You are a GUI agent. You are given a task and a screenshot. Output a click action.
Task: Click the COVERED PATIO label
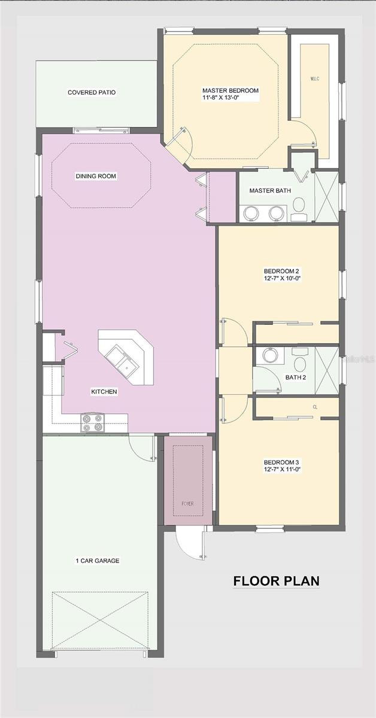[92, 93]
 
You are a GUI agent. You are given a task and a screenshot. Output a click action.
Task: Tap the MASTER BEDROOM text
[231, 91]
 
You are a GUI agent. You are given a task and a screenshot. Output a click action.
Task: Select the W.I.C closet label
[316, 79]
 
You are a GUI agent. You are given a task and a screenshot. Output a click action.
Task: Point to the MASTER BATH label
[265, 191]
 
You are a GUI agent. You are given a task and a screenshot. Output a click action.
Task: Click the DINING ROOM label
[96, 176]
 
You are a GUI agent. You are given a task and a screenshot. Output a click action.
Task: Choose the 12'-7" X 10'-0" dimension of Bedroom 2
[280, 278]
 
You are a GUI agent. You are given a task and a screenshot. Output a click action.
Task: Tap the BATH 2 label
[294, 378]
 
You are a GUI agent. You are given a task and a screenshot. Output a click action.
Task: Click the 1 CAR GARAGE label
[97, 561]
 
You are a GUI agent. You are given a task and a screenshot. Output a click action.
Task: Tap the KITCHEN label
[104, 392]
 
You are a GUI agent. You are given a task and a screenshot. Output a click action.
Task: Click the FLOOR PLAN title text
[276, 580]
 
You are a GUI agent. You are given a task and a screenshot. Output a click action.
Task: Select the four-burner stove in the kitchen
[93, 423]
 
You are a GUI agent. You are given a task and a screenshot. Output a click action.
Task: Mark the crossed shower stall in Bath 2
[326, 369]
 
